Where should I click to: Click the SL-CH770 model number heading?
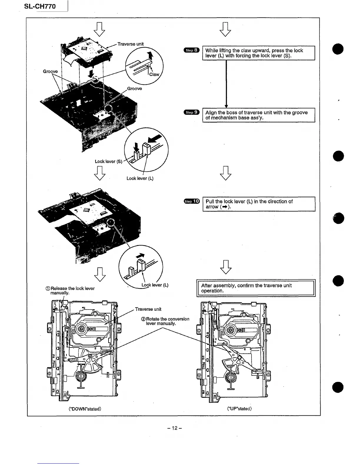pyautogui.click(x=40, y=6)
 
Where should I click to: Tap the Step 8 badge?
pyautogui.click(x=191, y=50)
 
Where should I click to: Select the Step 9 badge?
pyautogui.click(x=191, y=112)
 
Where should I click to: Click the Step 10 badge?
pyautogui.click(x=191, y=201)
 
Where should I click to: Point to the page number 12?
pyautogui.click(x=175, y=428)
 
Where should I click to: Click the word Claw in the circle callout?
pyautogui.click(x=154, y=74)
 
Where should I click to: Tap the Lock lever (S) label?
pyautogui.click(x=108, y=162)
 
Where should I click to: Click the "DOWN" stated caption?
pyautogui.click(x=85, y=409)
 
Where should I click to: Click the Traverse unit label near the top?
pyautogui.click(x=131, y=44)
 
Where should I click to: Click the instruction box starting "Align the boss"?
pyautogui.click(x=259, y=115)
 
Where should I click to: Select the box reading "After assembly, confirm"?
pyautogui.click(x=256, y=288)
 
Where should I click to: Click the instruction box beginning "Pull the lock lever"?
pyautogui.click(x=259, y=204)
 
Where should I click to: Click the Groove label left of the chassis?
pyautogui.click(x=50, y=71)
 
